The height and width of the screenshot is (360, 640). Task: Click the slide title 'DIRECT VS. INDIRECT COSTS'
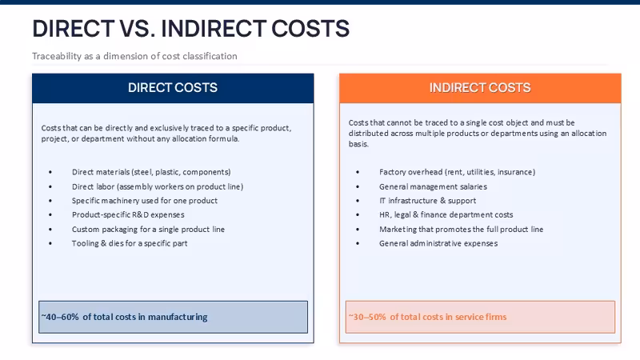click(x=190, y=29)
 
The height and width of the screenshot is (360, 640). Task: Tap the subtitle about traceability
click(x=134, y=56)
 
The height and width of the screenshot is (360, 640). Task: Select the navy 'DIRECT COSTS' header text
click(x=173, y=87)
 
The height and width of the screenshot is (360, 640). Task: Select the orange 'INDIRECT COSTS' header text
click(x=480, y=87)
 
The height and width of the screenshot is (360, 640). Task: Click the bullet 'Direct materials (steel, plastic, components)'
click(x=151, y=172)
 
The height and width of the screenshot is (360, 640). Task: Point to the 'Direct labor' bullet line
click(x=158, y=186)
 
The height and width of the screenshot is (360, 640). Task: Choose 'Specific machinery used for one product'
click(x=145, y=201)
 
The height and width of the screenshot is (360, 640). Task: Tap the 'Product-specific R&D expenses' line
click(x=128, y=214)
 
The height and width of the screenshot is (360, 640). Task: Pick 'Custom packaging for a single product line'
click(x=148, y=230)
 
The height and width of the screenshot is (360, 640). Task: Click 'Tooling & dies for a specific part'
click(x=130, y=243)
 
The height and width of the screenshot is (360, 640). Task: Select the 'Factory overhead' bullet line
click(x=457, y=172)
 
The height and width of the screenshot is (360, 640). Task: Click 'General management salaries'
click(x=433, y=186)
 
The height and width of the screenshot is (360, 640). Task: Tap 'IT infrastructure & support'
click(x=427, y=201)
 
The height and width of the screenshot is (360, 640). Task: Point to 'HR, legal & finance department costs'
click(x=446, y=214)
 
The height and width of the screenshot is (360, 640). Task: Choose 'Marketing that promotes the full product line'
click(x=462, y=230)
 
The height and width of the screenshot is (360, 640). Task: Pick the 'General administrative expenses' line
click(x=438, y=243)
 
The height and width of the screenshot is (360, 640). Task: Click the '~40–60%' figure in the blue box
click(x=60, y=317)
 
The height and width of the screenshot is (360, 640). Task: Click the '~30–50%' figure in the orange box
click(x=367, y=317)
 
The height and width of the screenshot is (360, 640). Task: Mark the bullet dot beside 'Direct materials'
click(x=50, y=172)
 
